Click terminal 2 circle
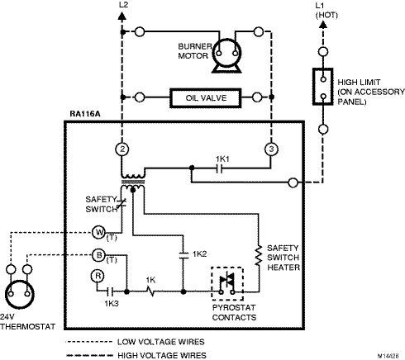[x=122, y=149]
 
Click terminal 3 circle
[x=271, y=149]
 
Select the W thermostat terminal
[x=98, y=233]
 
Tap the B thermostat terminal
[x=98, y=255]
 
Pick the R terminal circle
[x=98, y=276]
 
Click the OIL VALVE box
[x=206, y=97]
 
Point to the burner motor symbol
[x=226, y=55]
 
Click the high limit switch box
[x=323, y=87]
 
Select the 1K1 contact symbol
[x=219, y=168]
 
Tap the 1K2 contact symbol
[x=183, y=255]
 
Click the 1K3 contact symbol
[x=110, y=291]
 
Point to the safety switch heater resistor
[x=259, y=256]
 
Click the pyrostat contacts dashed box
[x=227, y=283]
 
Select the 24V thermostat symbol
[x=20, y=295]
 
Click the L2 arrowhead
[x=122, y=16]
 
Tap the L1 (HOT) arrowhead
[x=323, y=24]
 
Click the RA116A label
[x=85, y=114]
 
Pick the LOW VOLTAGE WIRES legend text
[x=161, y=342]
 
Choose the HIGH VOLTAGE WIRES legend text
[x=162, y=355]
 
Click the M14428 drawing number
[x=388, y=356]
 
